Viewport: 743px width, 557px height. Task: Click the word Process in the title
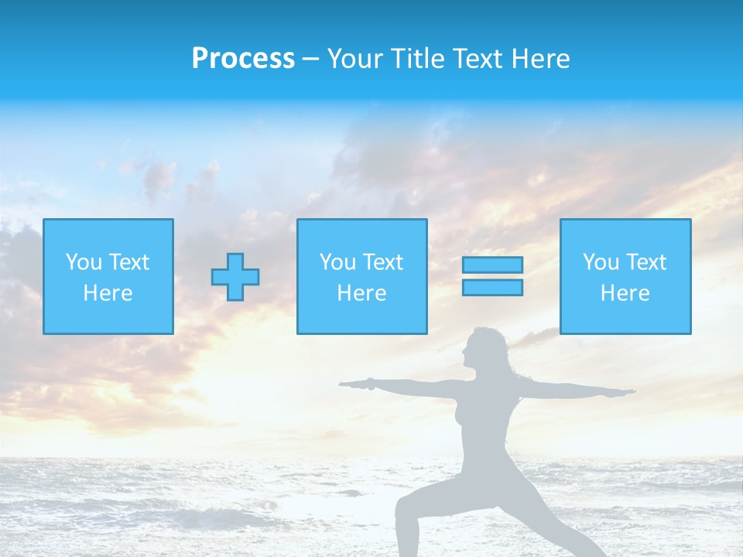[x=243, y=59]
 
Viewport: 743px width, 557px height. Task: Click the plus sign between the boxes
[x=235, y=277]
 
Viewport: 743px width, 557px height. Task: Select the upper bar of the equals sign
[x=492, y=265]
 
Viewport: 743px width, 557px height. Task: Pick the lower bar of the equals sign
[x=492, y=288]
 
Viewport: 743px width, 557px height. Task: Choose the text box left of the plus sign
[x=108, y=277]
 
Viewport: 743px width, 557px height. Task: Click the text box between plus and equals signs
[x=361, y=277]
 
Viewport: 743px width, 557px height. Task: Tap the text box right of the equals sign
[x=625, y=277]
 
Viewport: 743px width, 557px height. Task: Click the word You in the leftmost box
[x=84, y=262]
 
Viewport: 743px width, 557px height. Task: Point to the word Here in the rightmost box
[x=625, y=293]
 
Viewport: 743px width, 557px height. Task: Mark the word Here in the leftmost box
[x=108, y=293]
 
